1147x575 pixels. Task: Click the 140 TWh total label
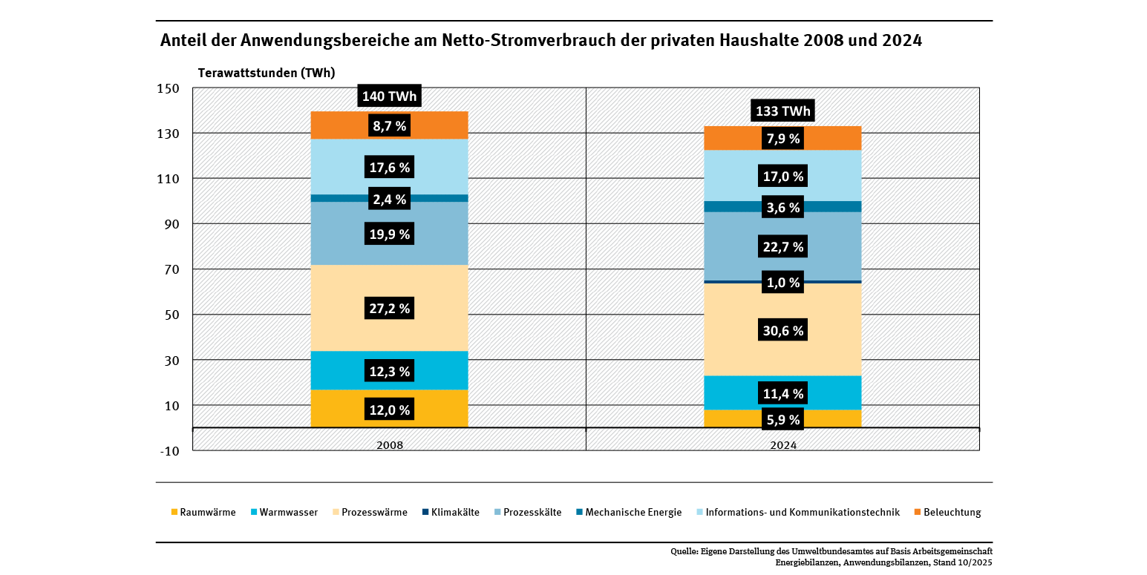pyautogui.click(x=389, y=96)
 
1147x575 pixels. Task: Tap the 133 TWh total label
pyautogui.click(x=782, y=111)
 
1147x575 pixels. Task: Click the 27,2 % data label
pyautogui.click(x=389, y=308)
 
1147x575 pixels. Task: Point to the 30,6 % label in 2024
pyautogui.click(x=782, y=331)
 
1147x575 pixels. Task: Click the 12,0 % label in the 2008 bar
pyautogui.click(x=389, y=410)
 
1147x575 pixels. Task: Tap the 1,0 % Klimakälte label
pyautogui.click(x=782, y=283)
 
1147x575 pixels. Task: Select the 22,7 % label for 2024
pyautogui.click(x=782, y=247)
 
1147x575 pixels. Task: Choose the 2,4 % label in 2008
pyautogui.click(x=389, y=199)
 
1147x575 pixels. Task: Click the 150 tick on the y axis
pyautogui.click(x=169, y=88)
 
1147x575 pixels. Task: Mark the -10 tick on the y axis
pyautogui.click(x=169, y=450)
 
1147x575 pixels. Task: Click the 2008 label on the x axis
pyautogui.click(x=389, y=445)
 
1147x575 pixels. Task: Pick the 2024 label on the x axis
pyautogui.click(x=782, y=445)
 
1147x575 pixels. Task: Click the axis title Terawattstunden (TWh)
pyautogui.click(x=266, y=73)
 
